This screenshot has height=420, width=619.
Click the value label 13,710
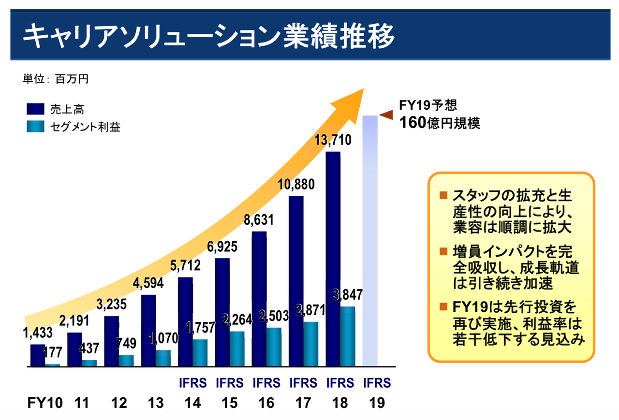333,141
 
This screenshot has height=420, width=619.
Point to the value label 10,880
296,185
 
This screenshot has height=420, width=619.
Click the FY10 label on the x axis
44,403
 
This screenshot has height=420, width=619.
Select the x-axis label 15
230,403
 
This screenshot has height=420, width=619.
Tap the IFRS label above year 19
377,383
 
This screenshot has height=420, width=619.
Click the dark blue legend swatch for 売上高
35,109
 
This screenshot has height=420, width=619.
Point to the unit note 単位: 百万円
56,79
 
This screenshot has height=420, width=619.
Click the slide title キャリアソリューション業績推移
208,36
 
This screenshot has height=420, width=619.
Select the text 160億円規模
440,122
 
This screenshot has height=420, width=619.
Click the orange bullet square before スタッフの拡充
443,196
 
